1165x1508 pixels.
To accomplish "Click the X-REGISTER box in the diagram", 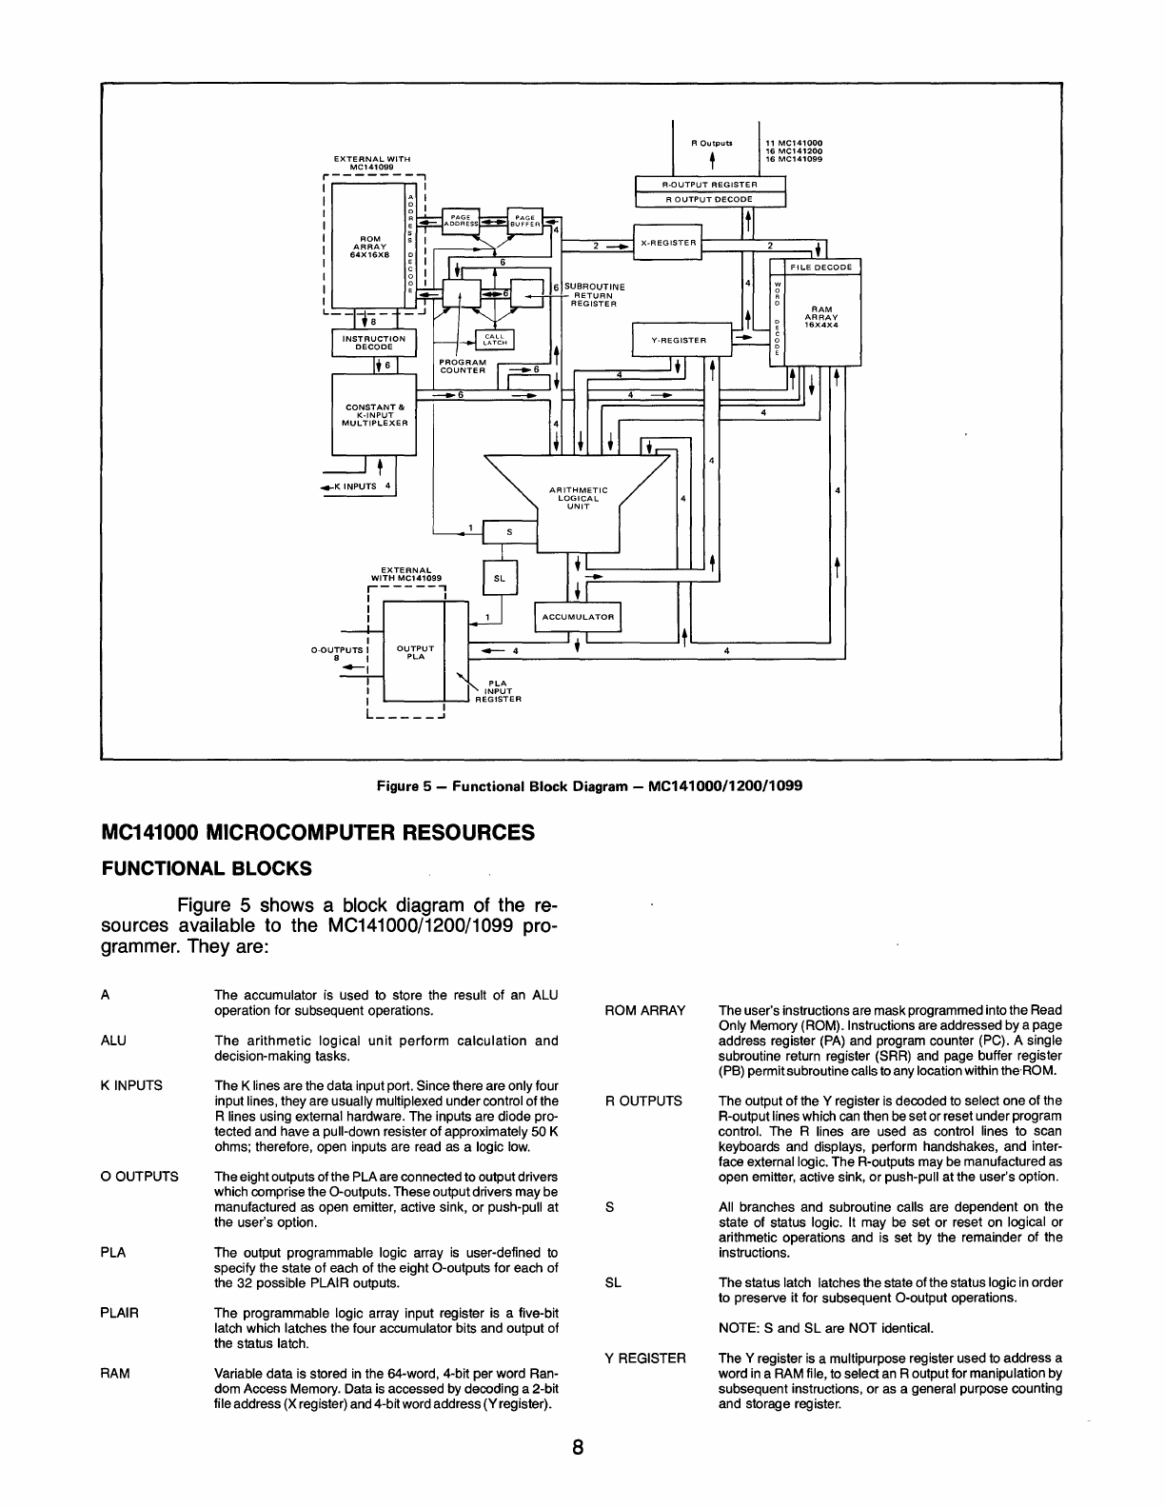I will tap(666, 243).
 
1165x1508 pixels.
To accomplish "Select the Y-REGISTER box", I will tap(679, 340).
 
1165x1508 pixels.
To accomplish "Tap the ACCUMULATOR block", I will tap(578, 617).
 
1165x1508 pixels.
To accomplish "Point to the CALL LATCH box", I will tap(495, 339).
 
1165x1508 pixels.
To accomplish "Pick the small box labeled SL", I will tap(500, 578).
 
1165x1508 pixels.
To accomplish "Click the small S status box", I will tap(508, 532).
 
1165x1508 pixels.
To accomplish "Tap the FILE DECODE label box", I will tap(820, 268).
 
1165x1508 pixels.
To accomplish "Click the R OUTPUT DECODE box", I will tap(709, 199).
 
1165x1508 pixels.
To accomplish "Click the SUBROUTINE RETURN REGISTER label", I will tap(594, 295).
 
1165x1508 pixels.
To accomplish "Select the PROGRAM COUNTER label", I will tap(463, 366).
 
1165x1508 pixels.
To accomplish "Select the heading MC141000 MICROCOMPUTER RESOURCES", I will tap(317, 832).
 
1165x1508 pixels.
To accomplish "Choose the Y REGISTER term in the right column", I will tap(645, 1358).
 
